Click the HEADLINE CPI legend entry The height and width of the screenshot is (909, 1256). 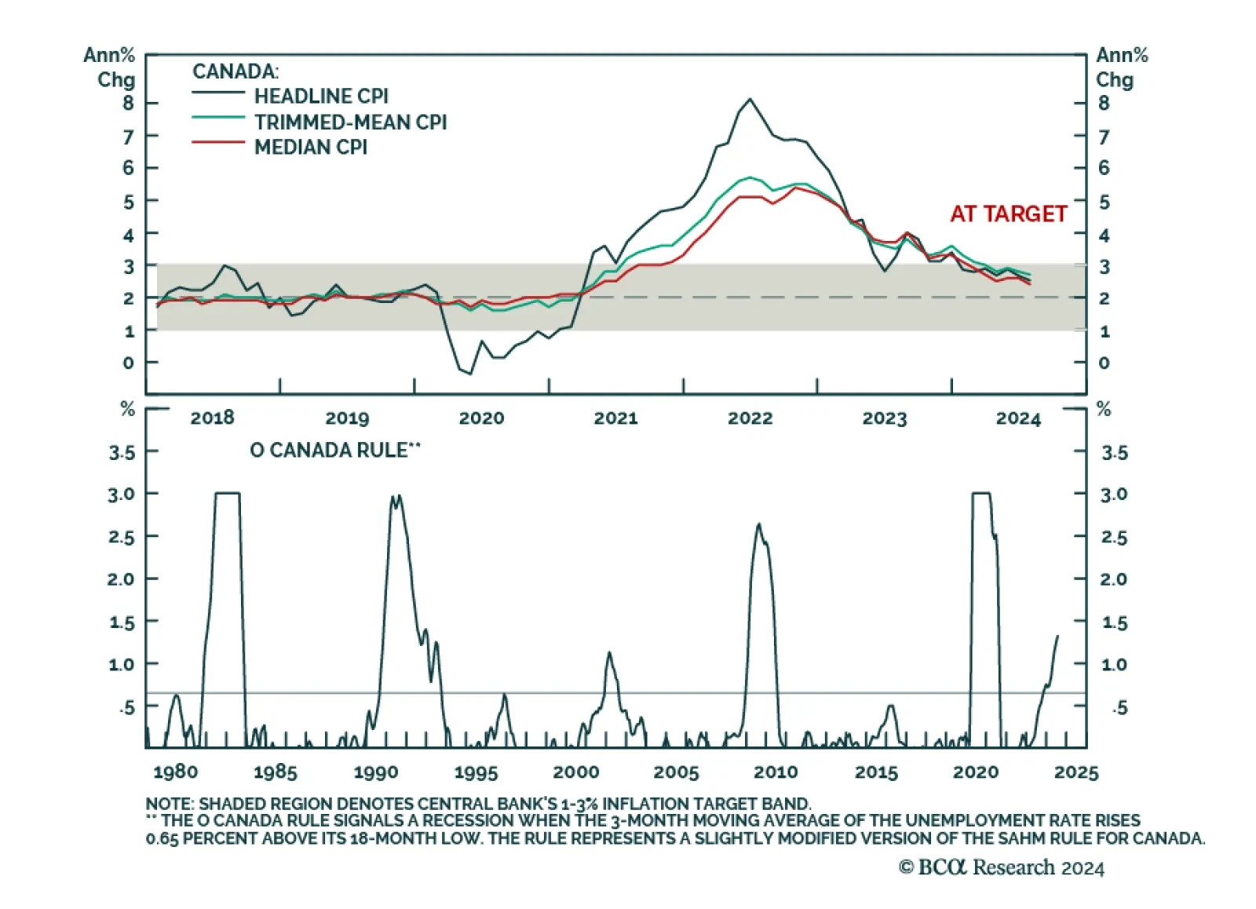(x=321, y=96)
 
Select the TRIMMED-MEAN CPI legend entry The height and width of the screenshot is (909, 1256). (x=350, y=122)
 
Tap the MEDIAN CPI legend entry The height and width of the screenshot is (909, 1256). (x=310, y=147)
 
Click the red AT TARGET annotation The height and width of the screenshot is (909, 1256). (x=1009, y=214)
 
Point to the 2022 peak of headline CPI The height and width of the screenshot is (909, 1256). (x=750, y=99)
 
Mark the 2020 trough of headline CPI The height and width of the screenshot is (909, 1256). (x=470, y=374)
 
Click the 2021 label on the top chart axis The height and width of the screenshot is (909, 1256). (x=615, y=418)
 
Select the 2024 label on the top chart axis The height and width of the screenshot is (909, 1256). (x=1018, y=418)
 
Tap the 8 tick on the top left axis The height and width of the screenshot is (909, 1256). (x=128, y=103)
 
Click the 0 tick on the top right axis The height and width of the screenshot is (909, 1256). (x=1104, y=363)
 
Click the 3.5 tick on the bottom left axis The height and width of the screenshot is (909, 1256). (x=122, y=453)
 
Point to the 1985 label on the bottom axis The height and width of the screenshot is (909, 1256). (x=276, y=772)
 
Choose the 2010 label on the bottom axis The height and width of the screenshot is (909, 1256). (x=776, y=772)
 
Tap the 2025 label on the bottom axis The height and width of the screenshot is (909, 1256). (x=1076, y=772)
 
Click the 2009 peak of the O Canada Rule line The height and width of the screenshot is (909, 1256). (x=758, y=524)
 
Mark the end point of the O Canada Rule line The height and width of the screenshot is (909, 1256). (x=1057, y=636)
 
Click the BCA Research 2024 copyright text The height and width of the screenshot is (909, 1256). (x=1002, y=867)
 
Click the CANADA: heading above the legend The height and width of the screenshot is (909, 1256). (x=235, y=71)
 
